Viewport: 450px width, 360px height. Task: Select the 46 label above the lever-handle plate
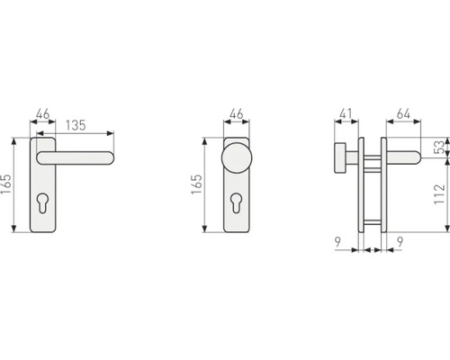point(42,115)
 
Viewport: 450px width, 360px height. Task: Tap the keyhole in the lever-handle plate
point(42,203)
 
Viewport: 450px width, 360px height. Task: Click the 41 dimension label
point(346,115)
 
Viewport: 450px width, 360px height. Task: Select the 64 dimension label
point(402,115)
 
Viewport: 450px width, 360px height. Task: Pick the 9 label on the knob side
point(337,242)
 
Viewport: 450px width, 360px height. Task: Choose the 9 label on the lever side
point(399,242)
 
